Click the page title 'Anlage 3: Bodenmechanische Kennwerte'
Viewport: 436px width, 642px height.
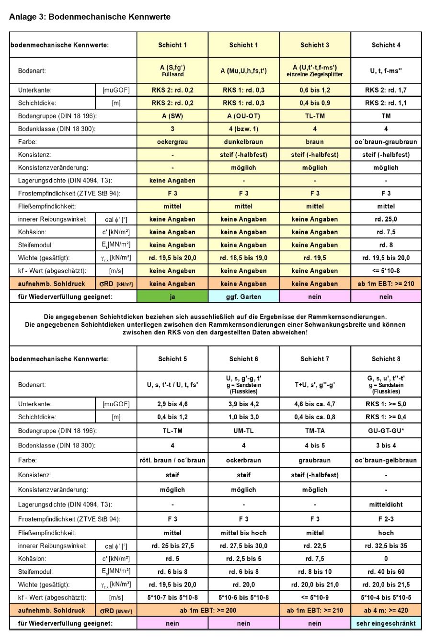tap(90, 17)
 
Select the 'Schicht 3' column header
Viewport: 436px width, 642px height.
tap(315, 45)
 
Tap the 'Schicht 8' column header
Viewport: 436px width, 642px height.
tap(386, 359)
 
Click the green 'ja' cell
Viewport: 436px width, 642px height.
tap(172, 297)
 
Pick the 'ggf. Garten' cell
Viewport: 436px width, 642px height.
tap(243, 297)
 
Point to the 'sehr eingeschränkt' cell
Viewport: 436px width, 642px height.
tap(386, 623)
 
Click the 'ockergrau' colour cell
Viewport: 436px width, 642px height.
tap(172, 142)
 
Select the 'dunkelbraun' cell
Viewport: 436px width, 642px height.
tap(243, 142)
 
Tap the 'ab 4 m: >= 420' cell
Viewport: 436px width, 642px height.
tap(386, 610)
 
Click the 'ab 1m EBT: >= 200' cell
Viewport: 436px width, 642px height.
tap(208, 610)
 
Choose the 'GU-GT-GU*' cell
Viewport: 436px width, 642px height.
tap(386, 431)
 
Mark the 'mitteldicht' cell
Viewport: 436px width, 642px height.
tap(386, 504)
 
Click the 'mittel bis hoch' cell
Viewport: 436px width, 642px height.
tap(243, 533)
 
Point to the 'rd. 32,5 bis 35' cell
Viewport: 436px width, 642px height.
tap(386, 546)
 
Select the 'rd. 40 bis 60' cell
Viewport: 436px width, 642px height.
tap(386, 572)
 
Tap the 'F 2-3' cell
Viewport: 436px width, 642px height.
tap(386, 519)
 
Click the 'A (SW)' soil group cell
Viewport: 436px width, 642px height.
tap(172, 116)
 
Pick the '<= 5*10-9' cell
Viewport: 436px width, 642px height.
tap(315, 597)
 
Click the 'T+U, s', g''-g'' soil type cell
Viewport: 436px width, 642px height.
tap(315, 385)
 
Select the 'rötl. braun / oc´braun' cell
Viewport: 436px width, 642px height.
tap(172, 460)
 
